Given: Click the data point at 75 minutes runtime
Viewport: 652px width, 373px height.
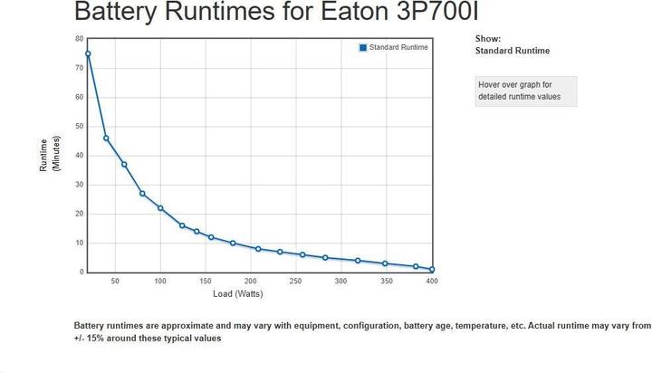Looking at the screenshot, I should coord(88,53).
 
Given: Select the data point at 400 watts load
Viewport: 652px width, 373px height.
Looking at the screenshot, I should coord(432,269).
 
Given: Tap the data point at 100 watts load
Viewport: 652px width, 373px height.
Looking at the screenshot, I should coord(160,208).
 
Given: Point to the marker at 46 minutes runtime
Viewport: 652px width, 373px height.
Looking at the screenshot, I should coord(106,138).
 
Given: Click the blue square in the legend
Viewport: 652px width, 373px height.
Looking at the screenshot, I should coord(363,47).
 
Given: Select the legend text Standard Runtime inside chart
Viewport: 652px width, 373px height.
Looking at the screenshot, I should coord(398,47).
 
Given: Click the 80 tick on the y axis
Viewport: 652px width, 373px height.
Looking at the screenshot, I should coord(79,39).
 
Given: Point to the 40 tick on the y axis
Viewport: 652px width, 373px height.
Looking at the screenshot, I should coord(79,156).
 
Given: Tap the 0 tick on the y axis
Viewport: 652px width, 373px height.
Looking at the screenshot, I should coord(81,272).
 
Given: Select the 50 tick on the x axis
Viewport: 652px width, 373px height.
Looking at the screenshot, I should coord(115,282).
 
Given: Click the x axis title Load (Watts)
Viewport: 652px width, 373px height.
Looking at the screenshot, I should coord(238,294).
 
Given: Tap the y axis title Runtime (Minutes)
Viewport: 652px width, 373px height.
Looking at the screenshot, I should coord(49,156).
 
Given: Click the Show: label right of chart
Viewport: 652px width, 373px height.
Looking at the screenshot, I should coord(487,39).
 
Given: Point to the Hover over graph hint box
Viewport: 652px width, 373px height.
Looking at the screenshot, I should coord(525,91).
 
